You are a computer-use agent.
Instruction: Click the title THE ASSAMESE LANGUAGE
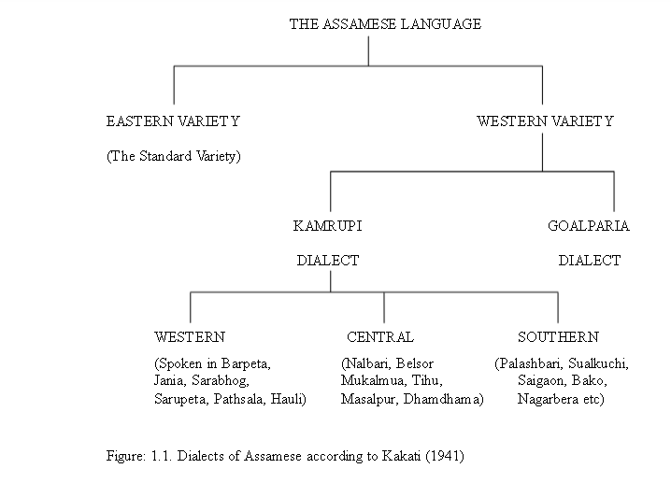[385, 24]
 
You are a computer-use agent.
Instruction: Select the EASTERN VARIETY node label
[173, 121]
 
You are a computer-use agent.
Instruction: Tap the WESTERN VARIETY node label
[545, 121]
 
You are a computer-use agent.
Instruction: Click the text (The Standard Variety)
[173, 156]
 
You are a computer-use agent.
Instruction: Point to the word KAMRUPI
[328, 226]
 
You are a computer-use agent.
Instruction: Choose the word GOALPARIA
[589, 226]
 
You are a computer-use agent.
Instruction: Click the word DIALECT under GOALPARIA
[590, 261]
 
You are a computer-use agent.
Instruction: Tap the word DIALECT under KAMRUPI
[328, 261]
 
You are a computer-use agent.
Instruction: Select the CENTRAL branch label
[380, 337]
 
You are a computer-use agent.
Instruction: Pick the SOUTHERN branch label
[558, 337]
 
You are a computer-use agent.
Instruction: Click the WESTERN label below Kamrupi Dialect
[190, 337]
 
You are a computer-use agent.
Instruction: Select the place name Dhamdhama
[442, 399]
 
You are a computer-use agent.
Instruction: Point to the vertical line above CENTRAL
[384, 307]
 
